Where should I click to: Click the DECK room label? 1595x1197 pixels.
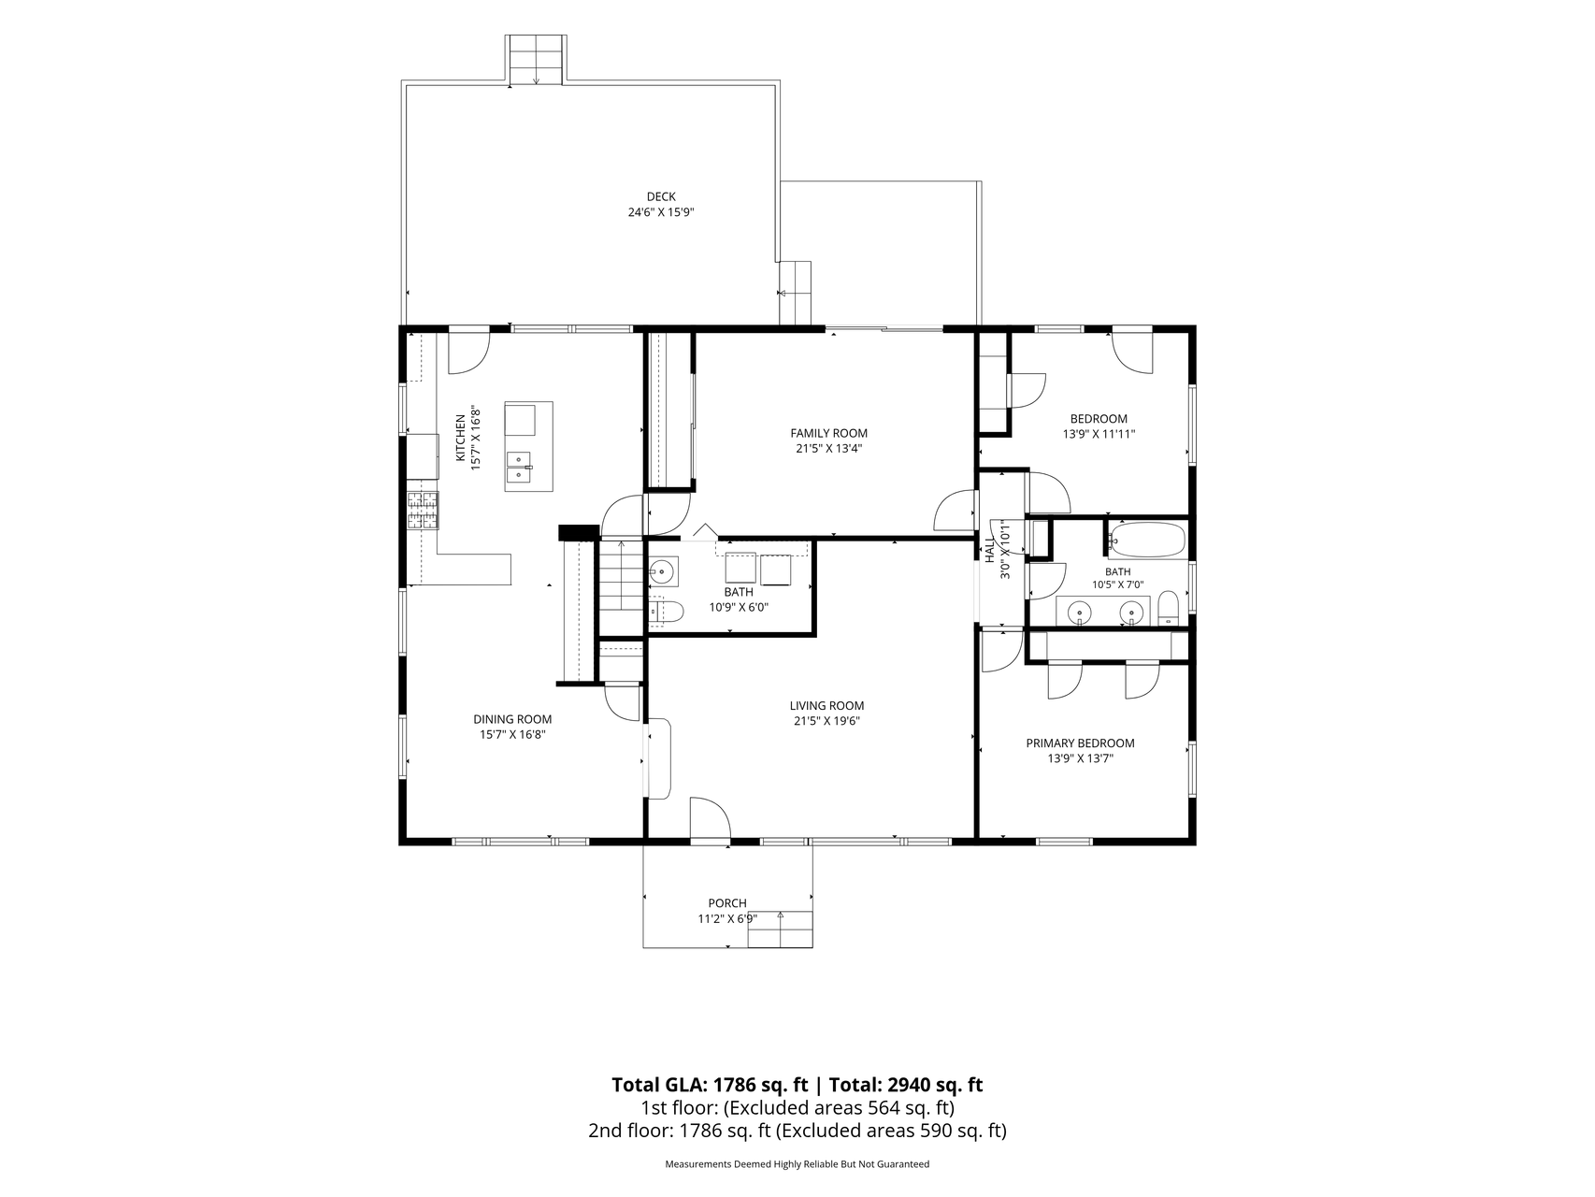(x=661, y=196)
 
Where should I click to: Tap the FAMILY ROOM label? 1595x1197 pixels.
(x=829, y=433)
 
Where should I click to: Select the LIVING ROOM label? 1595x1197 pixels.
(x=826, y=706)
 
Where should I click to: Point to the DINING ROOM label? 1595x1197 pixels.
(x=512, y=719)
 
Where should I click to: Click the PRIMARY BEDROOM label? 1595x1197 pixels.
(x=1080, y=743)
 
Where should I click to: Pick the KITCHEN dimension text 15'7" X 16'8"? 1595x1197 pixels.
(x=475, y=438)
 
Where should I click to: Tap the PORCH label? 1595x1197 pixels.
(x=727, y=903)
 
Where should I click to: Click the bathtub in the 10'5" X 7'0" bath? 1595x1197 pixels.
(x=1146, y=541)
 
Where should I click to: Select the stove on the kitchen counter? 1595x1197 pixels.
(x=423, y=511)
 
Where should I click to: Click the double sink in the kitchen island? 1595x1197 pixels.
(x=519, y=467)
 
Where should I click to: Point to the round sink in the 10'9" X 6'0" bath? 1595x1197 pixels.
(x=663, y=570)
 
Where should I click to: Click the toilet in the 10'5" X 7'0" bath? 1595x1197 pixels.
(x=1169, y=609)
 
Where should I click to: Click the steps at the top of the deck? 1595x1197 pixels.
(x=536, y=59)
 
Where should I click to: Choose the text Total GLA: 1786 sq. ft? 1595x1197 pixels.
(x=710, y=1085)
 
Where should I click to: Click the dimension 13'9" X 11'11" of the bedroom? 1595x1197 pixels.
(x=1099, y=434)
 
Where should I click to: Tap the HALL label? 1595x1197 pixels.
(x=989, y=548)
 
